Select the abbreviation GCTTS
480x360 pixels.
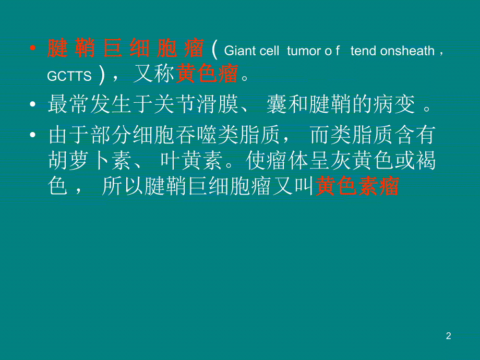click(69, 77)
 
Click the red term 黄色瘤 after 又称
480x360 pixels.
click(207, 76)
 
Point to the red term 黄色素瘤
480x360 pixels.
click(357, 186)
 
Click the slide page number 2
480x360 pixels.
click(448, 336)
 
